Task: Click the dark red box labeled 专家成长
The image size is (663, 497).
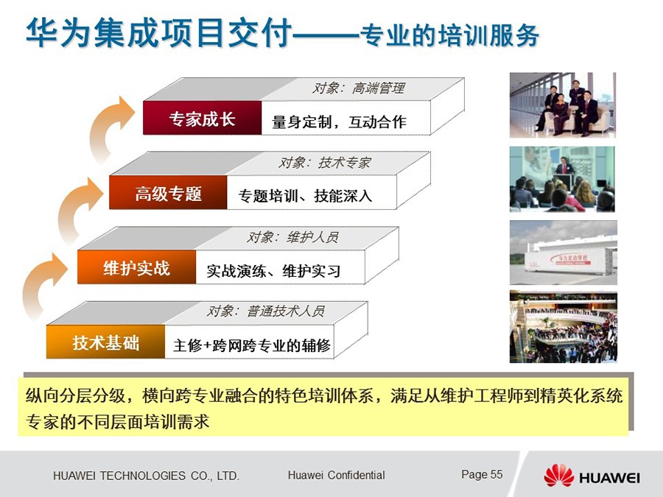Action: click(202, 118)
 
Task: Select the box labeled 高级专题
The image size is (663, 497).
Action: click(168, 192)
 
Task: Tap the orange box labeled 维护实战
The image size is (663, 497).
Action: click(136, 267)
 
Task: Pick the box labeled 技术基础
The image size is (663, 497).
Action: click(105, 342)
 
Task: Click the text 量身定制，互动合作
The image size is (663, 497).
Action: click(339, 121)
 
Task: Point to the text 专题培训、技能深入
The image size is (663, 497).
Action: click(305, 196)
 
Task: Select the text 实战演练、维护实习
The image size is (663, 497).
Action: click(273, 270)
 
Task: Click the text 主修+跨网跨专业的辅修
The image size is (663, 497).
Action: click(252, 345)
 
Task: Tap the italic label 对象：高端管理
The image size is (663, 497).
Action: click(359, 88)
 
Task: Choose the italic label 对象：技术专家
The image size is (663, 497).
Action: click(324, 162)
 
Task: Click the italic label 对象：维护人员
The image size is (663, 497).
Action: click(292, 237)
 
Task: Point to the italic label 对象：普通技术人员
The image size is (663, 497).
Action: click(265, 311)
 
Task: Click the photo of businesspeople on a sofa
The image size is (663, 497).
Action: click(562, 105)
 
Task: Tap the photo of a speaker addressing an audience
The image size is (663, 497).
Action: click(562, 179)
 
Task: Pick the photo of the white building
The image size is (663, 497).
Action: click(564, 253)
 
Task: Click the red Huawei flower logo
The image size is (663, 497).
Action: click(558, 476)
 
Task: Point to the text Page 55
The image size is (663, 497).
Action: click(482, 474)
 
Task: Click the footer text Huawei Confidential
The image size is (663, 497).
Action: click(336, 475)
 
